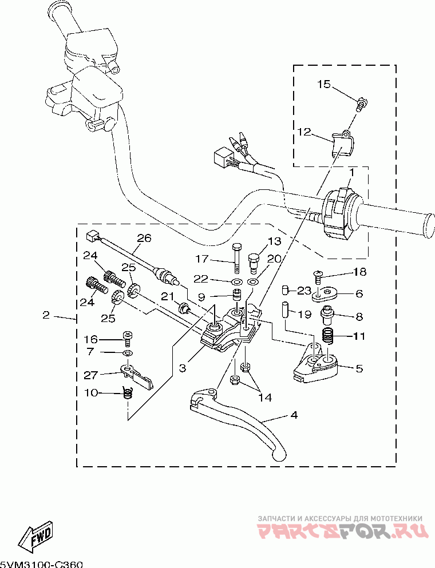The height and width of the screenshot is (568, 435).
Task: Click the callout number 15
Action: click(x=324, y=85)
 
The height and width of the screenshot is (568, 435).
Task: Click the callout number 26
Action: click(x=144, y=238)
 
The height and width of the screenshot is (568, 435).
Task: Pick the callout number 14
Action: click(x=265, y=398)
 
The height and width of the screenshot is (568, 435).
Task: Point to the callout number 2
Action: click(x=46, y=315)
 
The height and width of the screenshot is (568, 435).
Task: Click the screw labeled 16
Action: click(x=127, y=337)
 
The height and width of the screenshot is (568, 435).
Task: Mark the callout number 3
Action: click(x=183, y=368)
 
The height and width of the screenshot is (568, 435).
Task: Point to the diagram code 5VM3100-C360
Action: click(x=41, y=564)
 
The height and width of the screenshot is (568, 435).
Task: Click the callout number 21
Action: click(x=168, y=296)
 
